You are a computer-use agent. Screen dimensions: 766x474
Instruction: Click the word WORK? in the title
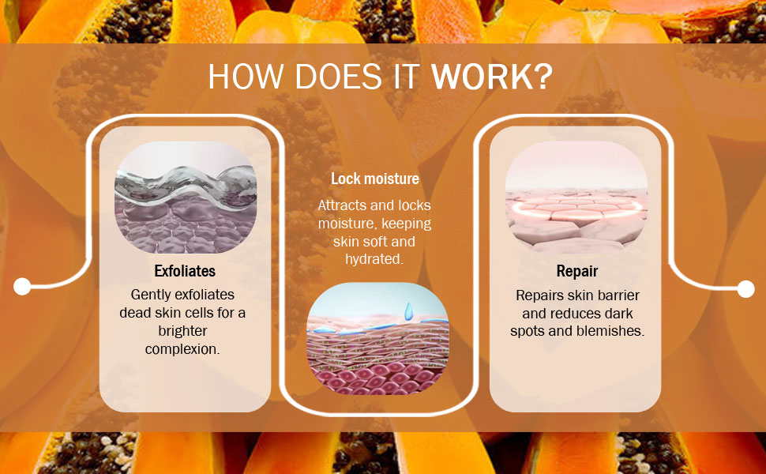[x=492, y=77]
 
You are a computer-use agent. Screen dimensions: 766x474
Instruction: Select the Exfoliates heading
[x=185, y=271]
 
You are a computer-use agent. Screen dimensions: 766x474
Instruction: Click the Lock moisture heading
[x=374, y=179]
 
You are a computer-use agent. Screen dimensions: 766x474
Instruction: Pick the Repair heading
[x=577, y=271]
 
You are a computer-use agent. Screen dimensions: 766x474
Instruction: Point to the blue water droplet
[x=408, y=310]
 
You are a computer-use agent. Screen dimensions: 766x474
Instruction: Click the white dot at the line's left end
[x=22, y=286]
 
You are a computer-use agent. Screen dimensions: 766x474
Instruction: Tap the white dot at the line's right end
[x=745, y=289]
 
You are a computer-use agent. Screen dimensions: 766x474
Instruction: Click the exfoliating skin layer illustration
[x=186, y=197]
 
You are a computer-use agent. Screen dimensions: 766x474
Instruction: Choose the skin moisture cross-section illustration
[x=377, y=339]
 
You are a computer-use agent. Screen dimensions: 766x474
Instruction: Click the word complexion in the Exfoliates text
[x=182, y=349]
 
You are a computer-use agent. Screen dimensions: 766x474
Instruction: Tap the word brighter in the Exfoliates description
[x=182, y=331]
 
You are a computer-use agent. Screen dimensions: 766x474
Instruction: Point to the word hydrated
[x=374, y=259]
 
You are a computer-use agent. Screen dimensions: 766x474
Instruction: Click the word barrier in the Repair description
[x=619, y=295]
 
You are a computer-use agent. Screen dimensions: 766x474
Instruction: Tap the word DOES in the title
[x=339, y=77]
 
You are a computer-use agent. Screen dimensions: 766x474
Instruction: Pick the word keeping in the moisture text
[x=407, y=224]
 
